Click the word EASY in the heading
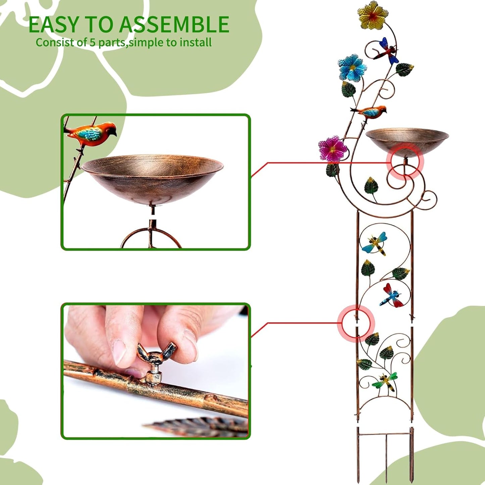click(54, 25)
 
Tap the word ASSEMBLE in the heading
click(174, 25)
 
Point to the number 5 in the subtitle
click(92, 43)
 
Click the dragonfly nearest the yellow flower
click(387, 51)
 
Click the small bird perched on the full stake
click(370, 112)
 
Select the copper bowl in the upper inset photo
click(152, 178)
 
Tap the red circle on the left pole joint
click(356, 323)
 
